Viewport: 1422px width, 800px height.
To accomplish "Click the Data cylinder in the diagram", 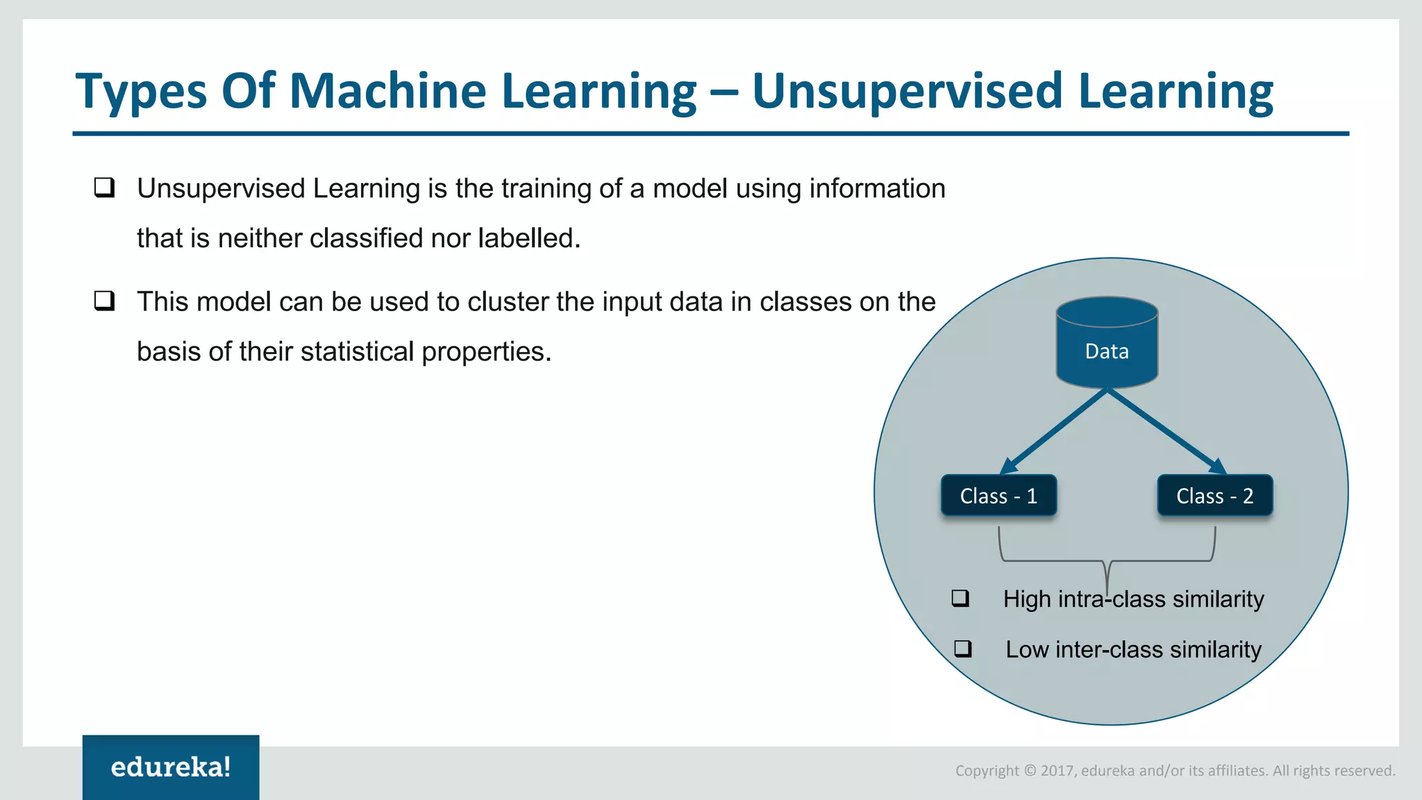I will [x=1107, y=344].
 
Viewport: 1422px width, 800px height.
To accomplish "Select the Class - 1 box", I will [x=998, y=496].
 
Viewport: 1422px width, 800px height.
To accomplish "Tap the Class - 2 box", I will [x=1214, y=496].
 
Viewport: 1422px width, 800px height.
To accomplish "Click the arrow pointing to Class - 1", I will [x=1053, y=432].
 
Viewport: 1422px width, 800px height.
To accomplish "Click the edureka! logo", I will [x=171, y=767].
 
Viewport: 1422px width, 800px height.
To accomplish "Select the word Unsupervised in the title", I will [x=906, y=91].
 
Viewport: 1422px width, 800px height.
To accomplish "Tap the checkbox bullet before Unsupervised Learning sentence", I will [x=105, y=187].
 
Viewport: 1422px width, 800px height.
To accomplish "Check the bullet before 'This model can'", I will [x=105, y=301].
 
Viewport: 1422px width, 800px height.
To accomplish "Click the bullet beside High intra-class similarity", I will [x=960, y=598].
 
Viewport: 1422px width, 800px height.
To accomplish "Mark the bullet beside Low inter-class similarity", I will [x=963, y=649].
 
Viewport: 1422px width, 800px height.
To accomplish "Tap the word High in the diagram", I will [x=1026, y=599].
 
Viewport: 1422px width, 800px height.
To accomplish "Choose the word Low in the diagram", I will [x=1027, y=649].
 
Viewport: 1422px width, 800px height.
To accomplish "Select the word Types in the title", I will [x=142, y=92].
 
